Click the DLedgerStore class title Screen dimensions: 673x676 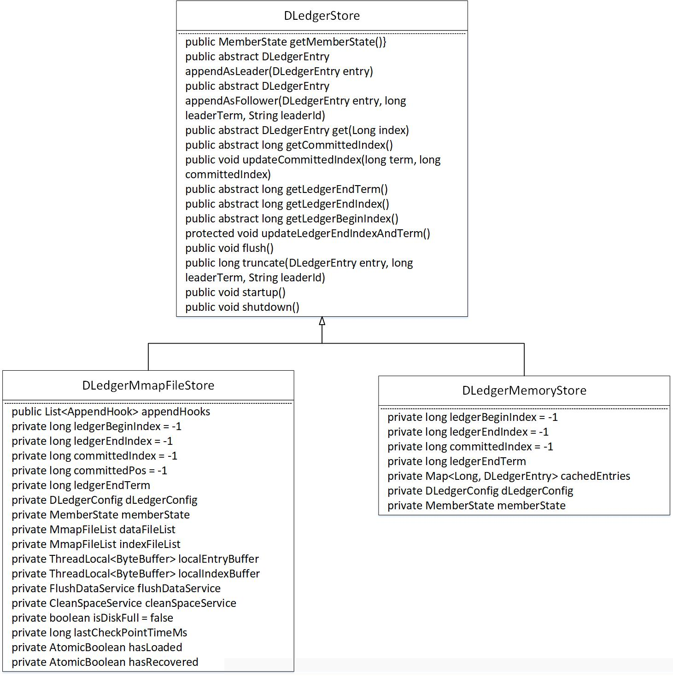322,16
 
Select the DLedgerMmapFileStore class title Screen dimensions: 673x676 148,385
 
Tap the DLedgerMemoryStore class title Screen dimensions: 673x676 524,390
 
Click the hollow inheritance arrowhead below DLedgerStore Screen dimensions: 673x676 322,321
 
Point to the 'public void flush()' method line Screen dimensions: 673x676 229,248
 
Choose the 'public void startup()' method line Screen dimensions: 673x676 235,292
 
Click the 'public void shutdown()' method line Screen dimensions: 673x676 242,307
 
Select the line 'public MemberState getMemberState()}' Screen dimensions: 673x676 286,42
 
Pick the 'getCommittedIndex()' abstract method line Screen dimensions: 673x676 289,145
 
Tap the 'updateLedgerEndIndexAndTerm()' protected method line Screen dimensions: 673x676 308,233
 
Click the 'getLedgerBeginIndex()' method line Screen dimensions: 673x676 292,219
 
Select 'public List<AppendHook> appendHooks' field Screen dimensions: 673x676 111,412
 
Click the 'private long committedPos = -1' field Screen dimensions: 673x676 89,471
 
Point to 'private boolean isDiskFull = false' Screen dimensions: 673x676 92,618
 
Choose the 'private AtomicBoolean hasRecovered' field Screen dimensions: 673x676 105,662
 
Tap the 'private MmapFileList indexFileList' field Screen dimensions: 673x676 96,544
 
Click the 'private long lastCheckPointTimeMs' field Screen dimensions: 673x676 99,633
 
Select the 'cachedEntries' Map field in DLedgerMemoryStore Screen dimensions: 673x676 509,476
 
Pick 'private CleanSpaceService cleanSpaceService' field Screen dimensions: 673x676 124,603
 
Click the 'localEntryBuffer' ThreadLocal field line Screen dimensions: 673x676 135,559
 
